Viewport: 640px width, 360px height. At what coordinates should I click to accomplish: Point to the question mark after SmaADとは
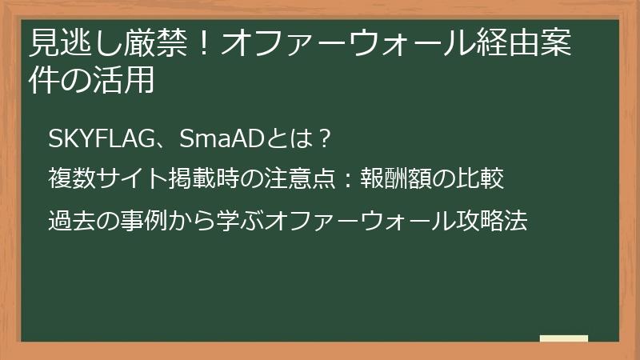[324, 139]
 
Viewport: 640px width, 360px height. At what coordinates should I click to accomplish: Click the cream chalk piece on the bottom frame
[563, 338]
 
